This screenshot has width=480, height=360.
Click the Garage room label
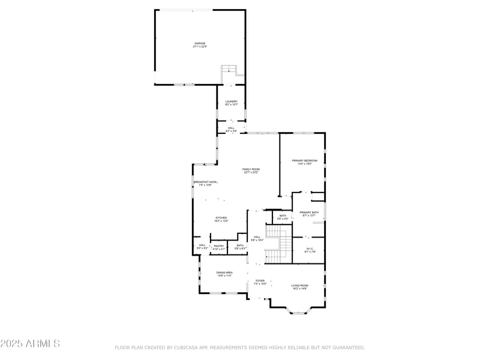tap(200, 44)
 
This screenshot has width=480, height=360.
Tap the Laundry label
tap(232, 102)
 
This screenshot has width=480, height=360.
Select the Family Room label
tap(251, 170)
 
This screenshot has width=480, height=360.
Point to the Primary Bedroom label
tap(304, 161)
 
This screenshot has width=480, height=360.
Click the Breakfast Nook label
tap(206, 182)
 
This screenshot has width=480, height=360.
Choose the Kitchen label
tap(221, 218)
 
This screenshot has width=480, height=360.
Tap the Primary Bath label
tap(310, 212)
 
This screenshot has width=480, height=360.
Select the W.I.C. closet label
tap(310, 250)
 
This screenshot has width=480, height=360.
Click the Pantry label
tap(219, 245)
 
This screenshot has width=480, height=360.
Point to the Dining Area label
tap(225, 273)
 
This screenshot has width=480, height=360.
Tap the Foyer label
tap(260, 281)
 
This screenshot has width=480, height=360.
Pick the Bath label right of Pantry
tap(240, 245)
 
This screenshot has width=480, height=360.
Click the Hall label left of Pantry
tap(202, 245)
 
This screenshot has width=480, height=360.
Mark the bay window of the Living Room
tap(298, 310)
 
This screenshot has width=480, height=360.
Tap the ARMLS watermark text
tap(30, 344)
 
